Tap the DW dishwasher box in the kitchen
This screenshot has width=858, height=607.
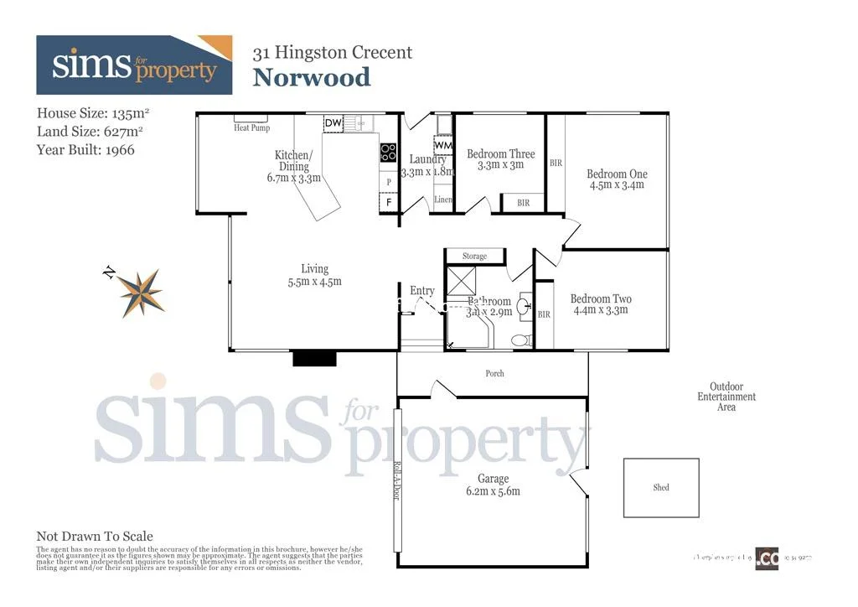coord(333,123)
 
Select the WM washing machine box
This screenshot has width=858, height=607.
coord(442,145)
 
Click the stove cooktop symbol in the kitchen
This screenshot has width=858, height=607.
coord(389,153)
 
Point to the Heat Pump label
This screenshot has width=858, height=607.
coord(251,128)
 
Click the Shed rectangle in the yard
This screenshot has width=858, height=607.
coord(661,487)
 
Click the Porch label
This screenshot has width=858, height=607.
coord(495,373)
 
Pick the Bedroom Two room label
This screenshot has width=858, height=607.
coord(601,299)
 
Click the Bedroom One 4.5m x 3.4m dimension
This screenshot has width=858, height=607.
coord(617,185)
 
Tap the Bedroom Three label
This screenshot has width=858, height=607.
coord(500,154)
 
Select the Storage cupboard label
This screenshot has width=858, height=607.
coord(474,256)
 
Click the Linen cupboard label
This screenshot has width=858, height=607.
coord(443,200)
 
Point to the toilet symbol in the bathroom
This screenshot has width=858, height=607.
coord(519,340)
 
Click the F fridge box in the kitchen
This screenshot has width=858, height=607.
coord(388,202)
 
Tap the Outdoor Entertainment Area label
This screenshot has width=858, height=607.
coord(726,397)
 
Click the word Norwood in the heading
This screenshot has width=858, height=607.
coord(312,77)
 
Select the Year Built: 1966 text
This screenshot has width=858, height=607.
coord(85,150)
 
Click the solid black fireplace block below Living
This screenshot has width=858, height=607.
coord(314,359)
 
